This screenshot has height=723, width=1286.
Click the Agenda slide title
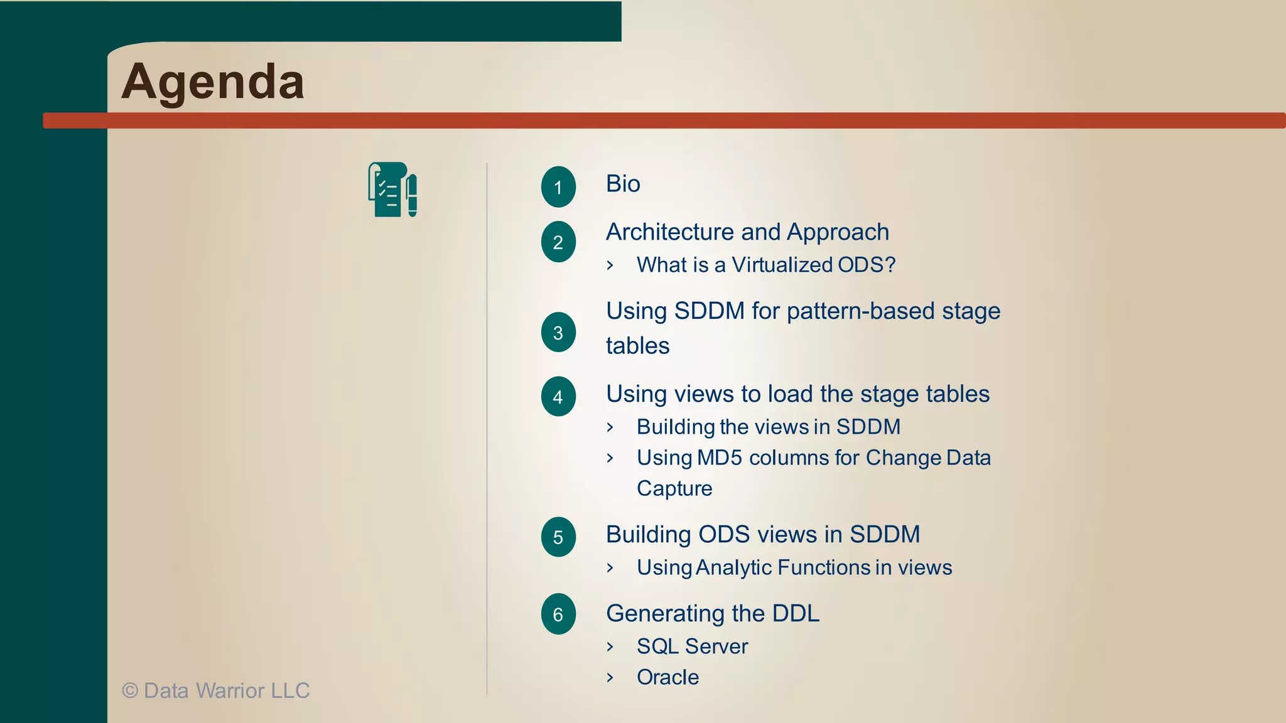213,82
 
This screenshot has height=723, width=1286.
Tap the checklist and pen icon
392,190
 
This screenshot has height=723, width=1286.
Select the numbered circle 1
558,187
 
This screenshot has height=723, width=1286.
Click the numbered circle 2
558,242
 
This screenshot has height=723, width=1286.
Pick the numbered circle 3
558,332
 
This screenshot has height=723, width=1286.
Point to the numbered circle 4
558,397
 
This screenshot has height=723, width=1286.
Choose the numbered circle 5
558,537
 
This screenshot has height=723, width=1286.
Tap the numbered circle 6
558,614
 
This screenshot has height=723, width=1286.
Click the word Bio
623,184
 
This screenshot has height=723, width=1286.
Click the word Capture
674,489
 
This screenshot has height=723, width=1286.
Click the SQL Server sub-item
692,646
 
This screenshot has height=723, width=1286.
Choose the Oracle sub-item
667,677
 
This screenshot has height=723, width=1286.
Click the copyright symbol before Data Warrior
130,691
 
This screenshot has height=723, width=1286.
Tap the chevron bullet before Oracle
610,677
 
